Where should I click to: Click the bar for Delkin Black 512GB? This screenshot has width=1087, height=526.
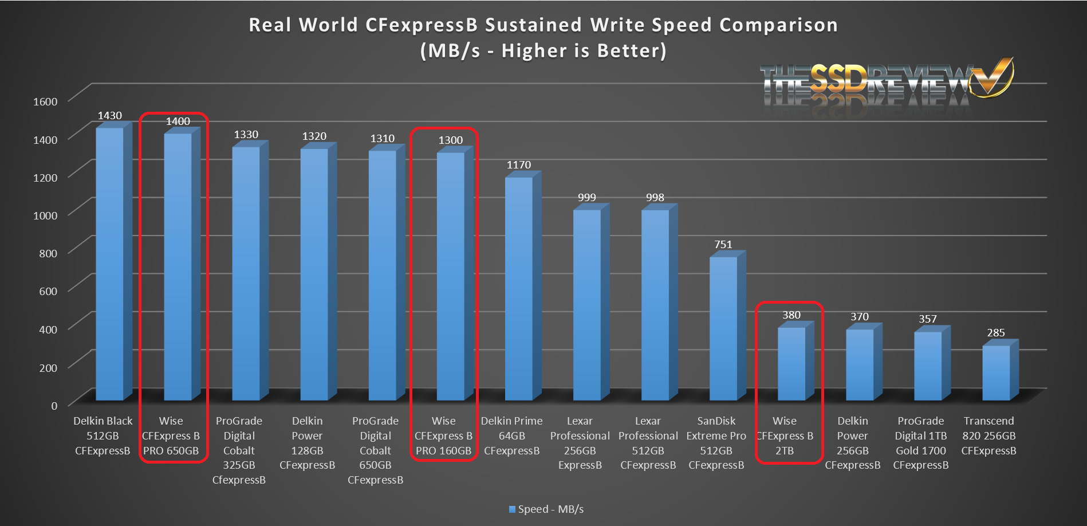(109, 264)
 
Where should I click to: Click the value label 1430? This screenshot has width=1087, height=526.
(109, 116)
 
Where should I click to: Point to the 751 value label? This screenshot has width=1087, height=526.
(723, 245)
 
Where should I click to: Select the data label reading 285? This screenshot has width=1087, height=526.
(995, 333)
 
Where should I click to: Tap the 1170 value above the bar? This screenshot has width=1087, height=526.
(518, 165)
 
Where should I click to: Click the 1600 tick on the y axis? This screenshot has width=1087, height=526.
(45, 102)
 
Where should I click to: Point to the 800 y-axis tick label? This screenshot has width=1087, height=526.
(48, 253)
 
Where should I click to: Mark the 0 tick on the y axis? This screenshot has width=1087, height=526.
(54, 406)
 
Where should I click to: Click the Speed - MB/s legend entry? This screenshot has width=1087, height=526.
(546, 509)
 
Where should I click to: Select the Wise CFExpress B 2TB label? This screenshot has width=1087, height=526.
(785, 436)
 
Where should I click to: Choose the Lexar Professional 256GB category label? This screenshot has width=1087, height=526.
(580, 443)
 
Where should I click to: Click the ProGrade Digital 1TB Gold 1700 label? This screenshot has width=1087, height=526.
(920, 443)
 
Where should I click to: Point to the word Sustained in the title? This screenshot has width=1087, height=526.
(534, 25)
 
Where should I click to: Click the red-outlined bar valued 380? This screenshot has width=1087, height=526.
(791, 363)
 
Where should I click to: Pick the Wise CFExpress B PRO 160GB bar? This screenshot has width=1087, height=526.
(451, 276)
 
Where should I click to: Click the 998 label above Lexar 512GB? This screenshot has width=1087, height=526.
(655, 198)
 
